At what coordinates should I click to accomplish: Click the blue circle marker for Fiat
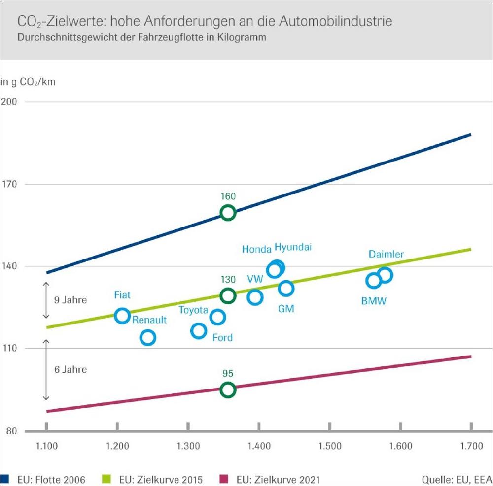pos(122,316)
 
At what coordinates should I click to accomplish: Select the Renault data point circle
pos(147,338)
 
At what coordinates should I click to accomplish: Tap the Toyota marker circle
pos(199,331)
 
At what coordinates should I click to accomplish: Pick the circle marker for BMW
pos(374,281)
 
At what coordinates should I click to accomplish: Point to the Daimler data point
pos(385,275)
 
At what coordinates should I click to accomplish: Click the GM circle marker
pos(286,289)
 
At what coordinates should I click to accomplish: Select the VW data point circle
pos(255,297)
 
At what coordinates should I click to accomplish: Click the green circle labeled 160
pos(228,213)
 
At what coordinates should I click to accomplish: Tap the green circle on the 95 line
pos(228,390)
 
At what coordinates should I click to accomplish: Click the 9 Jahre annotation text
pos(70,299)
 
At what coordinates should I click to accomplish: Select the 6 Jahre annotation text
pos(70,369)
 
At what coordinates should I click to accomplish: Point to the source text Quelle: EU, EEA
pos(456,479)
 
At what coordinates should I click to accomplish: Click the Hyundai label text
pos(293,247)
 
